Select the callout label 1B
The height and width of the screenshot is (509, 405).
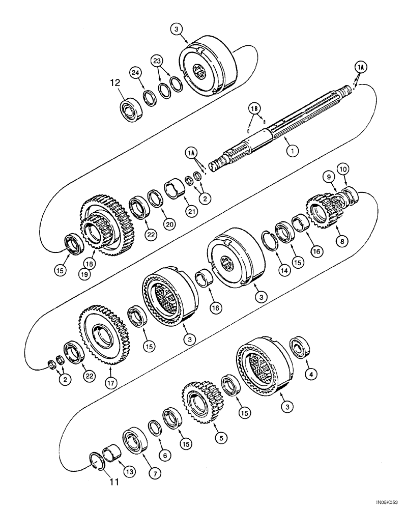click(254, 108)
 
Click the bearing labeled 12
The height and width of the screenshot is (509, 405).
click(130, 108)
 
